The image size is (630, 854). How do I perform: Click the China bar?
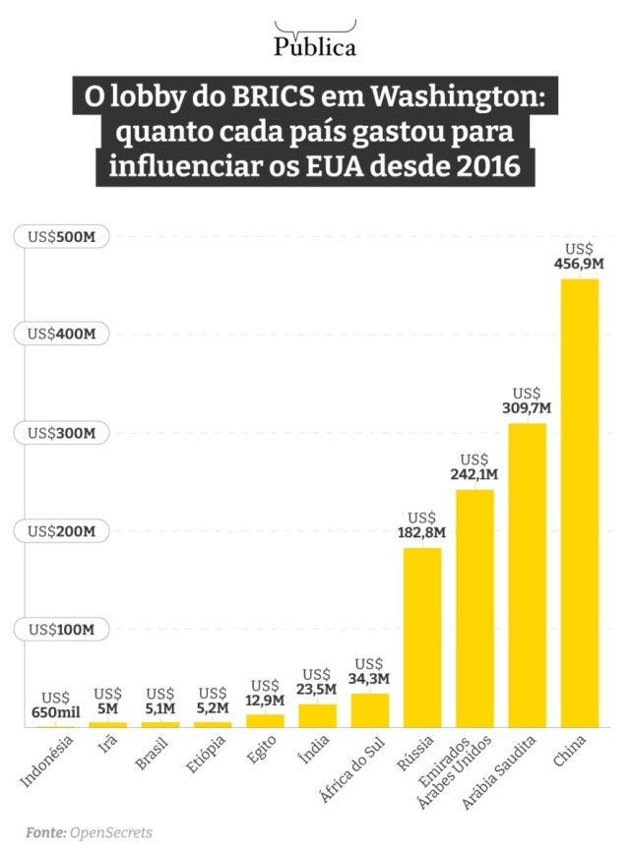(580, 503)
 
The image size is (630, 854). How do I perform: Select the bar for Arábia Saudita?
(527, 575)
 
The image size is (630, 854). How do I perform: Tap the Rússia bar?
(422, 638)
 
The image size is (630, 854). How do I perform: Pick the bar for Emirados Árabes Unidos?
(474, 608)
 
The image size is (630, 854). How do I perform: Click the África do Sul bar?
(370, 709)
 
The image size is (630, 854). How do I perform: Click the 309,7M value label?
(527, 407)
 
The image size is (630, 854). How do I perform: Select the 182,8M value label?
(422, 532)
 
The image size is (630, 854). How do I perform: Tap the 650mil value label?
(56, 712)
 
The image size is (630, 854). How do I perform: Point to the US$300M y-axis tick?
(61, 433)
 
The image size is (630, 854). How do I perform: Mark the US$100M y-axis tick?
(61, 630)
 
